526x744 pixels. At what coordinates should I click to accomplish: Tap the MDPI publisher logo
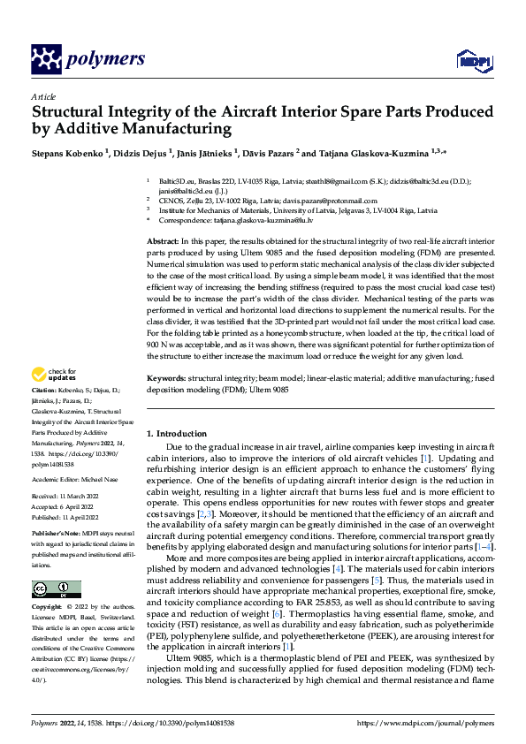pos(469,60)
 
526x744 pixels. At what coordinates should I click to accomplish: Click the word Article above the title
pos(42,96)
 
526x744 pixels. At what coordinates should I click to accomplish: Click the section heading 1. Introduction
pos(176,434)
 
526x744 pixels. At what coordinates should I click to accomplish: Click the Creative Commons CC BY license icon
pos(56,588)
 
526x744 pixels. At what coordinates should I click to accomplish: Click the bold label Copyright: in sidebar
pos(50,608)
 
